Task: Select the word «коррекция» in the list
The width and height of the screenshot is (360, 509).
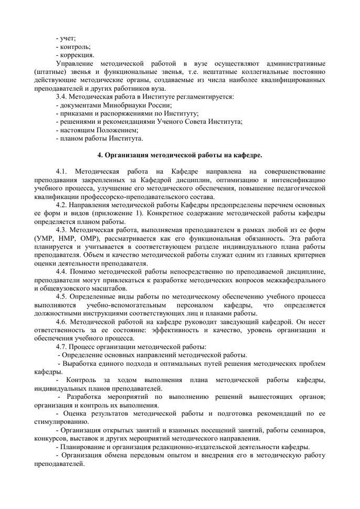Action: pos(77,55)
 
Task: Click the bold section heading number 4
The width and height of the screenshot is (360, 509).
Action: pos(101,155)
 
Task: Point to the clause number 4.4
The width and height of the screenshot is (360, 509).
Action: pos(62,271)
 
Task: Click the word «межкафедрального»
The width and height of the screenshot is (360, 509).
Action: pos(295,280)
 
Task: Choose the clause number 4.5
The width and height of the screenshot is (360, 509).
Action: pos(62,296)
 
